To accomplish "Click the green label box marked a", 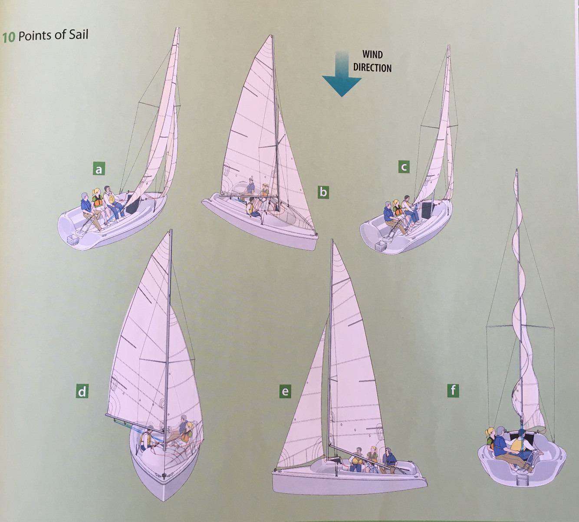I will (x=99, y=169).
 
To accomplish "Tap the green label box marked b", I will (x=323, y=192).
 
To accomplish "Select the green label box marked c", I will (x=404, y=166).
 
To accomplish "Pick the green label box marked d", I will (x=82, y=392).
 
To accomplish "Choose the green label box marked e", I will (x=285, y=392).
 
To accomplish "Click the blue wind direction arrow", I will (x=342, y=76).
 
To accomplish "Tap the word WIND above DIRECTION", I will (x=372, y=55).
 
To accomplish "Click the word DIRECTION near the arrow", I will (x=372, y=67).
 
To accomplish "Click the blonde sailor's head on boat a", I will (x=96, y=192).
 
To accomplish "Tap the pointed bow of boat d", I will (x=164, y=495).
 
